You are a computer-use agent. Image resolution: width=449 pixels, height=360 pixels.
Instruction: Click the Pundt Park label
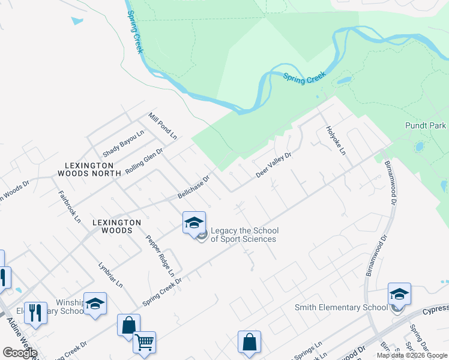pyautogui.click(x=426, y=126)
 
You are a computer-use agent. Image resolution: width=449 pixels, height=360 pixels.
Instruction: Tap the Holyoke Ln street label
pyautogui.click(x=336, y=140)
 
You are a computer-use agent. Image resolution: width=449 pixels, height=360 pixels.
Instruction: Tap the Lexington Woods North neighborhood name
pyautogui.click(x=86, y=169)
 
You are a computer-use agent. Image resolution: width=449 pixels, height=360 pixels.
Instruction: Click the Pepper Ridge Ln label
pyautogui.click(x=160, y=255)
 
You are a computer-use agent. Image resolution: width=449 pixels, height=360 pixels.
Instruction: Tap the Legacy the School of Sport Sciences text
pyautogui.click(x=244, y=235)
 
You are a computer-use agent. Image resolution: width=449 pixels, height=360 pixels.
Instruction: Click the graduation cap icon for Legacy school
pyautogui.click(x=194, y=223)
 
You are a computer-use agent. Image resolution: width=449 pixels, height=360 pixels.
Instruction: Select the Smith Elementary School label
pyautogui.click(x=341, y=308)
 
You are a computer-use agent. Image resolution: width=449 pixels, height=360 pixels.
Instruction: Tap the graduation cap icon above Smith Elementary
pyautogui.click(x=399, y=294)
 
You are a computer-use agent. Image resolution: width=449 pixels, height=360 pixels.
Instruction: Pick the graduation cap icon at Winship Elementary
pyautogui.click(x=95, y=304)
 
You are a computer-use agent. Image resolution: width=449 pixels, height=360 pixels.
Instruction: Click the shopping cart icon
pyautogui.click(x=144, y=343)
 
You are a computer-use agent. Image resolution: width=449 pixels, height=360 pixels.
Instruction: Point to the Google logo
pyautogui.click(x=20, y=353)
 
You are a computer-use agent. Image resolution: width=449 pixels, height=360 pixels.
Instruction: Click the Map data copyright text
pyautogui.click(x=412, y=355)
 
